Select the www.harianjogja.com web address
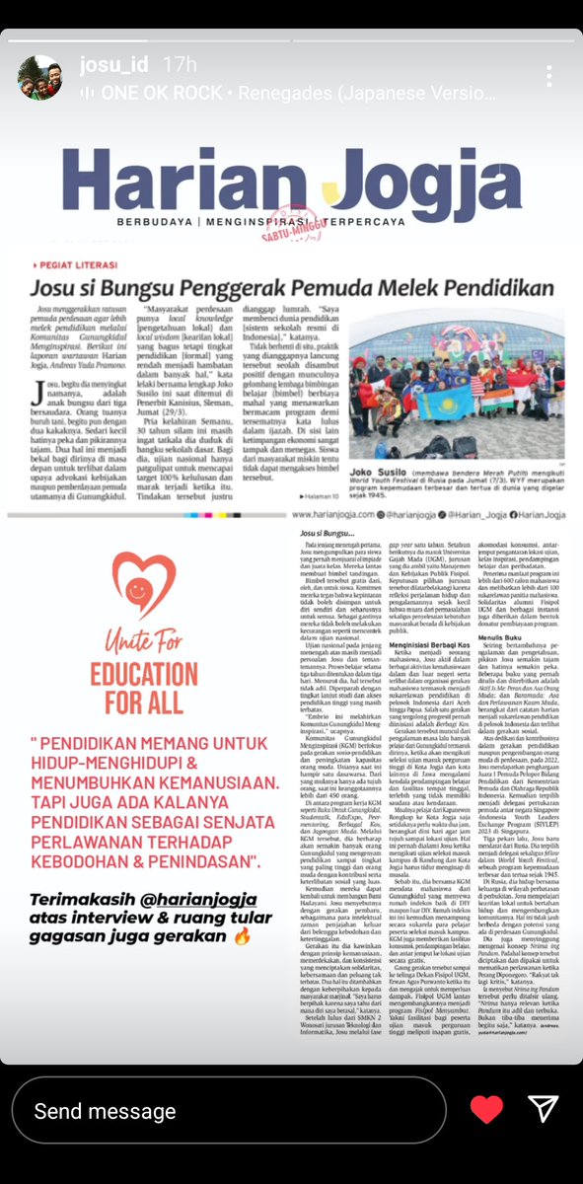[x=331, y=514]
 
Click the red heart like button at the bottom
[x=485, y=1111]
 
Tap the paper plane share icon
[x=544, y=1111]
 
